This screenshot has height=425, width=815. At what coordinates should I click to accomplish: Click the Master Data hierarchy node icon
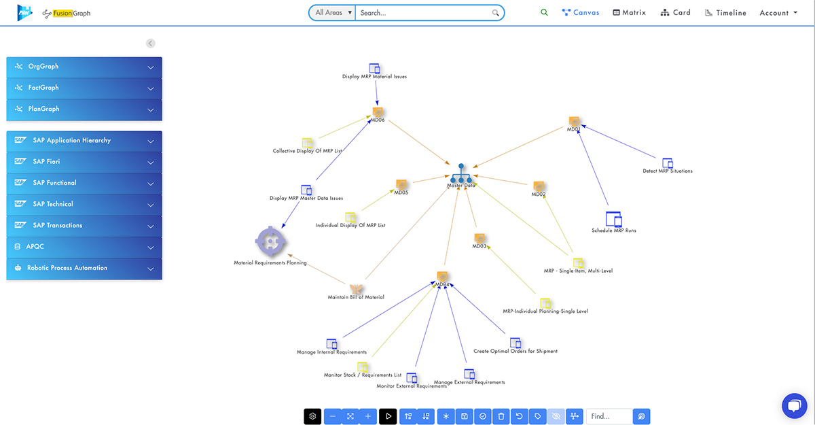pyautogui.click(x=461, y=173)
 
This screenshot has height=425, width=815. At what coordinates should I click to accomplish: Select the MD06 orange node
pyautogui.click(x=378, y=112)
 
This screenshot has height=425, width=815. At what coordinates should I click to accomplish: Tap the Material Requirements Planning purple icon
pyautogui.click(x=270, y=241)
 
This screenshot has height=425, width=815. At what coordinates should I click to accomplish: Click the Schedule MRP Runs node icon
pyautogui.click(x=613, y=220)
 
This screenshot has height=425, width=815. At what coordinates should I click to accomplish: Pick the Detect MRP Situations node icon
pyautogui.click(x=668, y=163)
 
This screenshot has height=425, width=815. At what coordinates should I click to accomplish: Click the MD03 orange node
pyautogui.click(x=479, y=238)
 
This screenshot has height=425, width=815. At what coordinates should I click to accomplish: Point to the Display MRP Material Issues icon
pyautogui.click(x=374, y=68)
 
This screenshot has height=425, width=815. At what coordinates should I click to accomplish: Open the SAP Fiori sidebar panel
pyautogui.click(x=84, y=161)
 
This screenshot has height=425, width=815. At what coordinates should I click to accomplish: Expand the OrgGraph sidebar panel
pyautogui.click(x=84, y=67)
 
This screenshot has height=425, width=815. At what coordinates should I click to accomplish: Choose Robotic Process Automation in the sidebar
pyautogui.click(x=84, y=268)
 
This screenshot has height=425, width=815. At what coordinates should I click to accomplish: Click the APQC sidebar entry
pyautogui.click(x=84, y=246)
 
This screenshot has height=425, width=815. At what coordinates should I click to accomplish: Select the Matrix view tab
pyautogui.click(x=629, y=12)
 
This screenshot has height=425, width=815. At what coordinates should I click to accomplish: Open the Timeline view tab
pyautogui.click(x=725, y=12)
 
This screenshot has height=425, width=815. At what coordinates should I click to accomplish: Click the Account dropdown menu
pyautogui.click(x=778, y=12)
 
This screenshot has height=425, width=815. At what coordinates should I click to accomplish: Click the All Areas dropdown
pyautogui.click(x=333, y=12)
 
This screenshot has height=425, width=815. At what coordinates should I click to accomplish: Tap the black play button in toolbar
pyautogui.click(x=388, y=416)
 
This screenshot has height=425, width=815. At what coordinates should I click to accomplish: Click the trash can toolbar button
pyautogui.click(x=501, y=416)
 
